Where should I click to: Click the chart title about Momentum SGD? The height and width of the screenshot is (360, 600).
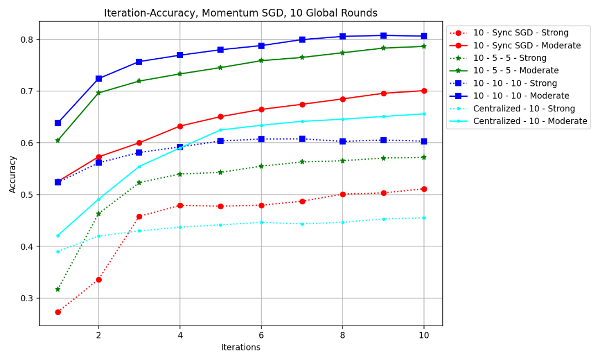(241, 13)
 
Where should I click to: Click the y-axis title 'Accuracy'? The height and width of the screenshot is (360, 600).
(13, 174)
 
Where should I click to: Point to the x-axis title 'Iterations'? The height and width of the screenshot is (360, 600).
(241, 348)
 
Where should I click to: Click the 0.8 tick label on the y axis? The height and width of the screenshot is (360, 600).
(27, 39)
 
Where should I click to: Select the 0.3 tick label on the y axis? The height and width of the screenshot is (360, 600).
(27, 298)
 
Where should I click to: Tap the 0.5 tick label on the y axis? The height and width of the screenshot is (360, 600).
(27, 194)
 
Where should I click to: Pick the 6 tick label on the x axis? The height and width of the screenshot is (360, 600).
(261, 335)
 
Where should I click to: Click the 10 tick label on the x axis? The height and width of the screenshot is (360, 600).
(424, 335)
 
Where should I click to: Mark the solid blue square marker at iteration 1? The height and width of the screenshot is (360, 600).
(58, 123)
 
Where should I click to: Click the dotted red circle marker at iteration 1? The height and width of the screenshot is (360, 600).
(58, 312)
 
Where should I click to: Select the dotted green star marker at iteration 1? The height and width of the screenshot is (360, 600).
(58, 289)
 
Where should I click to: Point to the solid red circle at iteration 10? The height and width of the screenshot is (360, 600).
(424, 91)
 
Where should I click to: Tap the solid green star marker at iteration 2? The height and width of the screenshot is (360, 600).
(99, 93)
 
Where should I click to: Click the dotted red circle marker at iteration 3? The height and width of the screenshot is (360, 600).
(139, 217)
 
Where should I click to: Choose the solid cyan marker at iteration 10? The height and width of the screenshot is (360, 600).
(424, 114)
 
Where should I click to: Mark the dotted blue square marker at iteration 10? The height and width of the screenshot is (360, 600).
(424, 141)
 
